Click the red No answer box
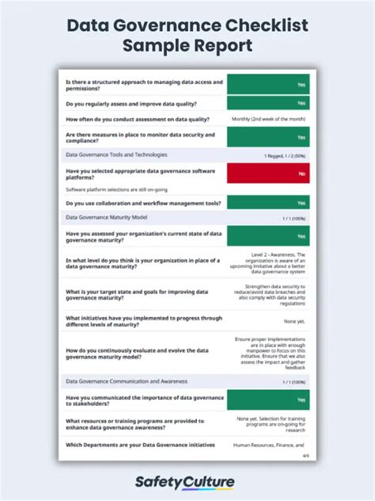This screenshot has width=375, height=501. pyautogui.click(x=268, y=173)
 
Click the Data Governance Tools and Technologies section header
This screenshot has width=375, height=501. pyautogui.click(x=116, y=155)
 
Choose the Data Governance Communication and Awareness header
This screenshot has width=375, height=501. pyautogui.click(x=131, y=381)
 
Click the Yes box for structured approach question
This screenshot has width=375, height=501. pyautogui.click(x=268, y=83)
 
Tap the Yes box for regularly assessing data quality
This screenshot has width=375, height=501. pyautogui.click(x=268, y=103)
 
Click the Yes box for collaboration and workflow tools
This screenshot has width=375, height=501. pyautogui.click(x=268, y=203)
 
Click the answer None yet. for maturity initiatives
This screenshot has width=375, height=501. pyautogui.click(x=295, y=321)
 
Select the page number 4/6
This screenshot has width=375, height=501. pyautogui.click(x=305, y=456)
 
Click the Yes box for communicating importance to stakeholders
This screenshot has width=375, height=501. pyautogui.click(x=268, y=400)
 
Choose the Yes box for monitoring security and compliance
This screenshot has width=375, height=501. pyautogui.click(x=268, y=137)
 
